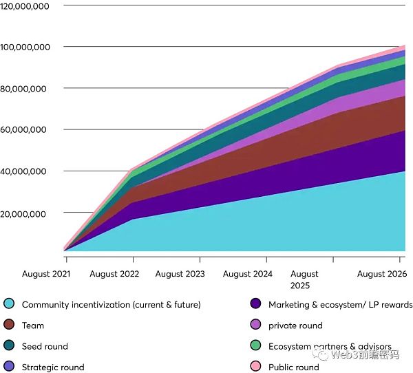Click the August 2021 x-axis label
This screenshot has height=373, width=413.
[x=45, y=274]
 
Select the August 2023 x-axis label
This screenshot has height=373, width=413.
[x=180, y=274]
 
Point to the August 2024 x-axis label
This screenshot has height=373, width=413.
[x=247, y=274]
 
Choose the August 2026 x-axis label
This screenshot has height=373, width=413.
[x=382, y=274]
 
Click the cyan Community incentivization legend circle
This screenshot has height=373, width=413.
[x=9, y=304]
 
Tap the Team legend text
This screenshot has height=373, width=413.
[x=33, y=326]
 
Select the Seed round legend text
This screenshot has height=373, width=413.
[x=45, y=346]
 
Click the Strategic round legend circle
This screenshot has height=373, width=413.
[x=9, y=367]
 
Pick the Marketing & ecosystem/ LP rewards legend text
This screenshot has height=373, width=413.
[x=340, y=304]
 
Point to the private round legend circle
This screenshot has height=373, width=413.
[x=255, y=326]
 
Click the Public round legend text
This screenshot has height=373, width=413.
[x=294, y=367]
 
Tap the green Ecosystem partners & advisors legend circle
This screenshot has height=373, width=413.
[x=255, y=346]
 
